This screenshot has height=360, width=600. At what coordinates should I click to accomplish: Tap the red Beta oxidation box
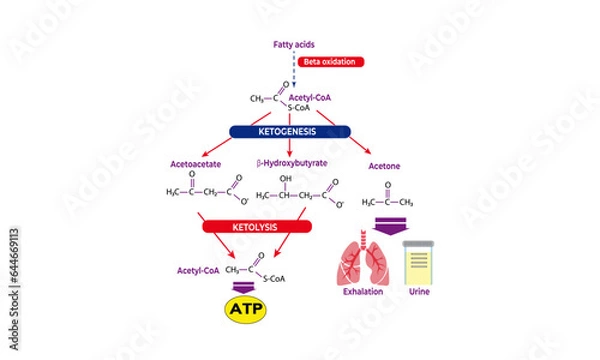click(331, 62)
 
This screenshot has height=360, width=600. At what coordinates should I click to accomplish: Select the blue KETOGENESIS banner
click(289, 131)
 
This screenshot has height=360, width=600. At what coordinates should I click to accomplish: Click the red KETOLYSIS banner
click(245, 227)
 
